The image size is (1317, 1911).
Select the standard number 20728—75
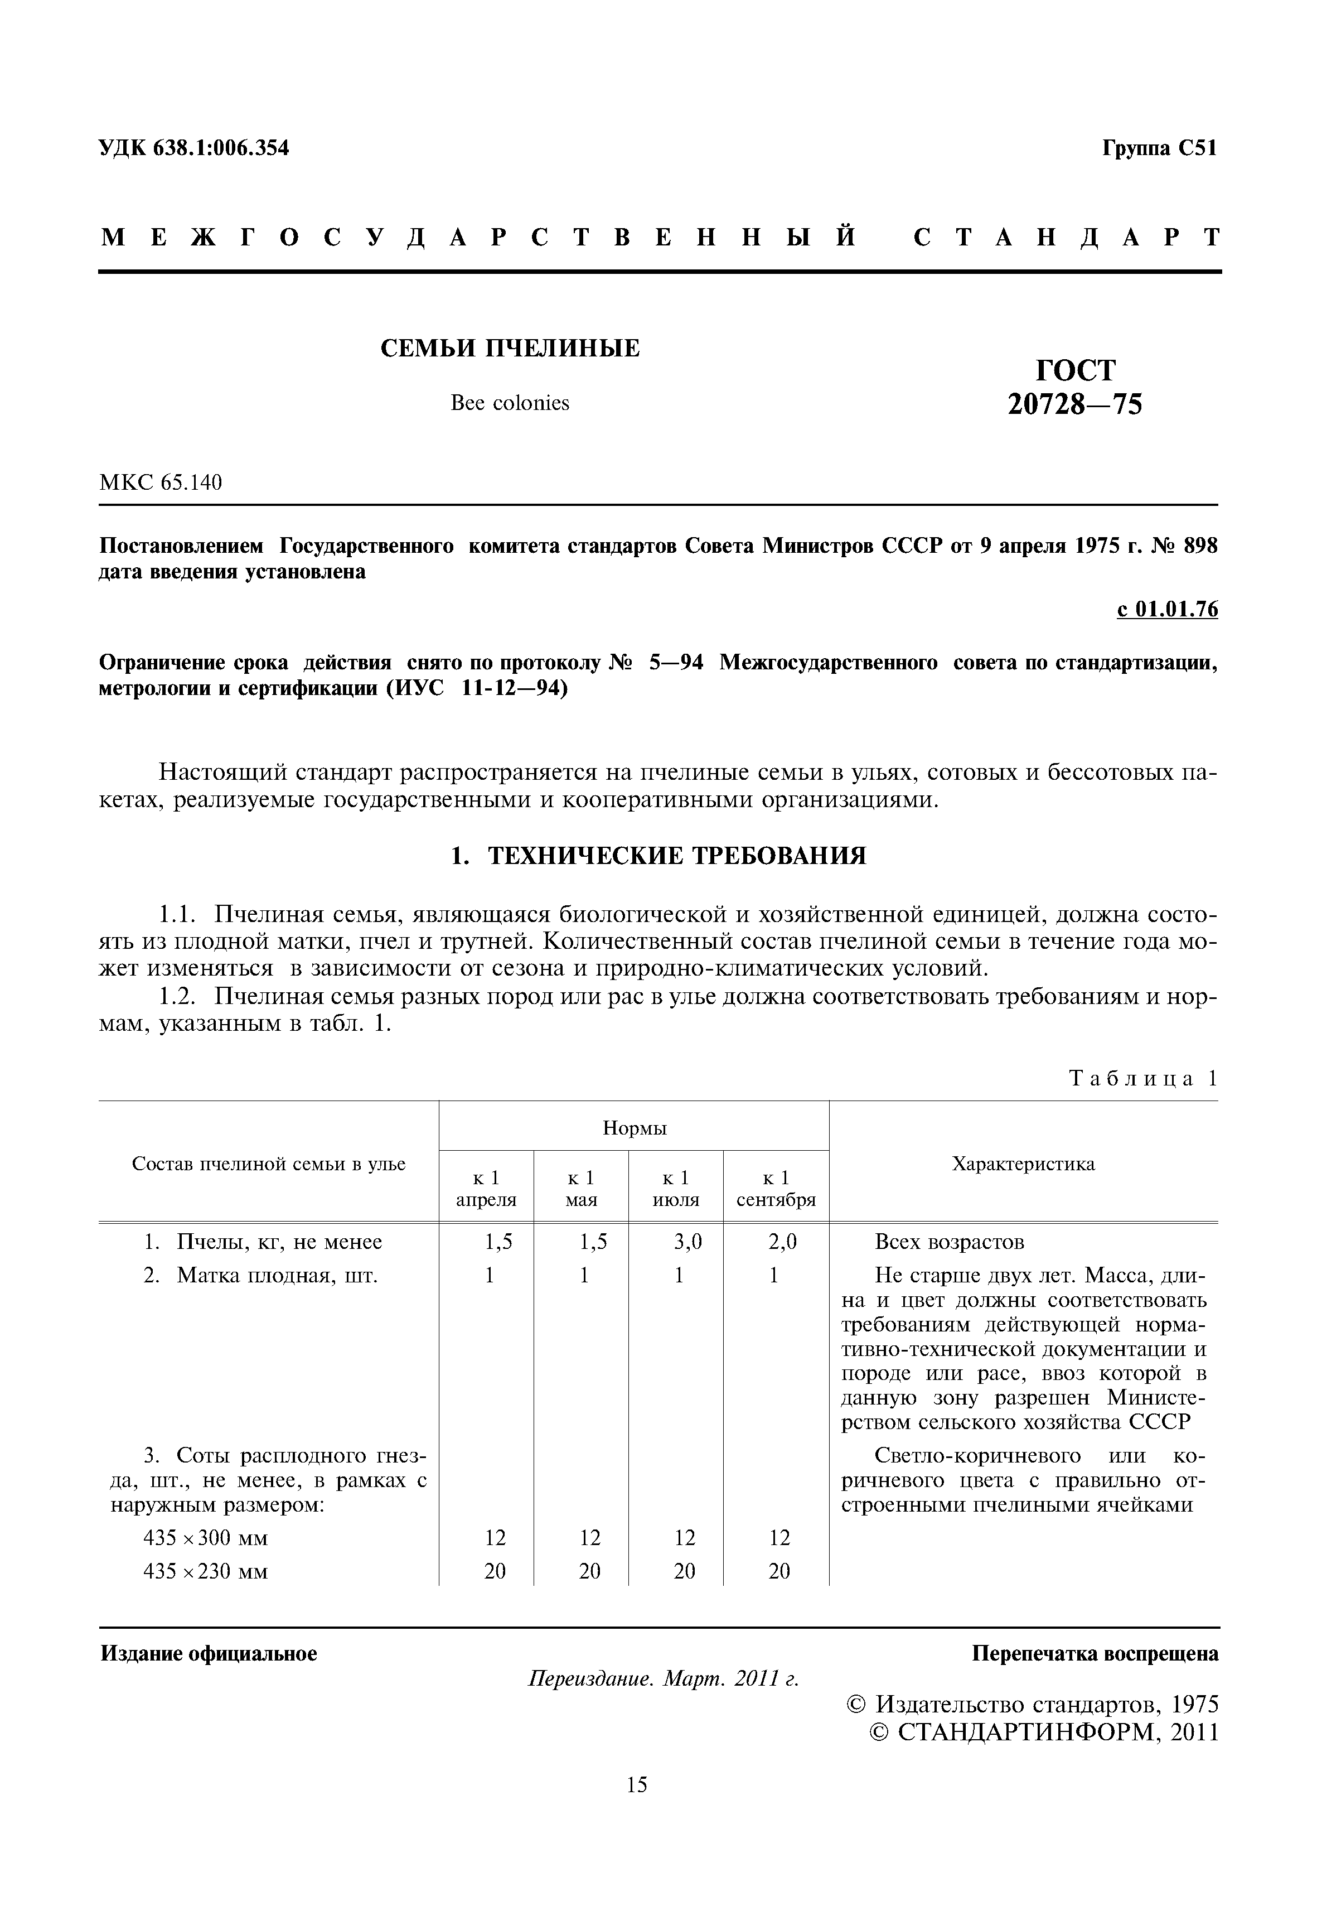pos(1074,404)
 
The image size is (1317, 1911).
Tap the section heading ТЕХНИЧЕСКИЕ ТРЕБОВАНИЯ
pos(658,856)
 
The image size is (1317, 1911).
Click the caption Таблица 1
pos(1143,1078)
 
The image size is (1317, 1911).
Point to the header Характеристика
pos(1023,1164)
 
